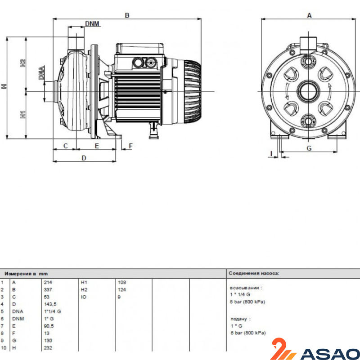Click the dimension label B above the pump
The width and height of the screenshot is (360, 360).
(127, 15)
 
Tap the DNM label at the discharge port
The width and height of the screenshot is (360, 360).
(92, 24)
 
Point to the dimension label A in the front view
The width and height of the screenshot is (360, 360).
(309, 15)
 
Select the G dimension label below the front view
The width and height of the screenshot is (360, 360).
(309, 148)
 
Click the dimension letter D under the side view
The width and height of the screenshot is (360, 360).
(84, 158)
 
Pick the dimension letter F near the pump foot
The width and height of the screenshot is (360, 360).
(130, 146)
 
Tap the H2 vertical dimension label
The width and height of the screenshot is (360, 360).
(23, 63)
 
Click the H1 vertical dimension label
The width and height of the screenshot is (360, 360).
(23, 114)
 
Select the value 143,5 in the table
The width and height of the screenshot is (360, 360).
(50, 304)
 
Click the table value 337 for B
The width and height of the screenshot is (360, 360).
(48, 290)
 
